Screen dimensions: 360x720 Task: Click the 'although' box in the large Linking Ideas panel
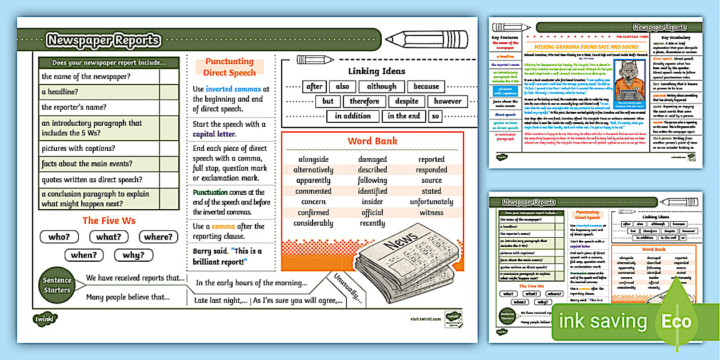tap(381, 87)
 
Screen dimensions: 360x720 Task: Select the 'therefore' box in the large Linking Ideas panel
tap(365, 102)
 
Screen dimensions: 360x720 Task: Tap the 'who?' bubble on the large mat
tap(59, 237)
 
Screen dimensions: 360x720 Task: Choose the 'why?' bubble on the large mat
tap(133, 255)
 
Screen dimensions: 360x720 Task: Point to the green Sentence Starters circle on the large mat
tap(57, 285)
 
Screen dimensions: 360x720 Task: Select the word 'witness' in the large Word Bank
tap(431, 213)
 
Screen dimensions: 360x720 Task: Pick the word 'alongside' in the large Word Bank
tap(314, 159)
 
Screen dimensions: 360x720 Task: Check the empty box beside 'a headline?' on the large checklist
tap(169, 92)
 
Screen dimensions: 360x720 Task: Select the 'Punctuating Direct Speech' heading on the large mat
tap(229, 67)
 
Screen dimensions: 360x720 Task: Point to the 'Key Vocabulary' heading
tap(676, 37)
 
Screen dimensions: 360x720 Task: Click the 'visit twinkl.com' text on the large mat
tap(425, 319)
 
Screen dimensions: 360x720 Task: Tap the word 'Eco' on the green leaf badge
tap(676, 321)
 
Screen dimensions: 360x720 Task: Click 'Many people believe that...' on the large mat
tap(128, 297)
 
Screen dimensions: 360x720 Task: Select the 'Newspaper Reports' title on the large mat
tap(103, 40)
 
